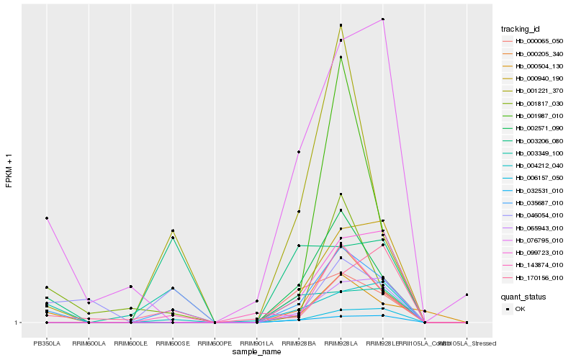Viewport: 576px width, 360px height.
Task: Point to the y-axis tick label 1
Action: [x=19, y=323]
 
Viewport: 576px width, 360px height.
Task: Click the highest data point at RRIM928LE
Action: [x=383, y=19]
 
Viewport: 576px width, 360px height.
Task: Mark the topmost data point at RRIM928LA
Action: [x=341, y=25]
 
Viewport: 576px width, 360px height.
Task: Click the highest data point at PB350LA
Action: [x=47, y=218]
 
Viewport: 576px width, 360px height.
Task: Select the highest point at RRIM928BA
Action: [x=299, y=153]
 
